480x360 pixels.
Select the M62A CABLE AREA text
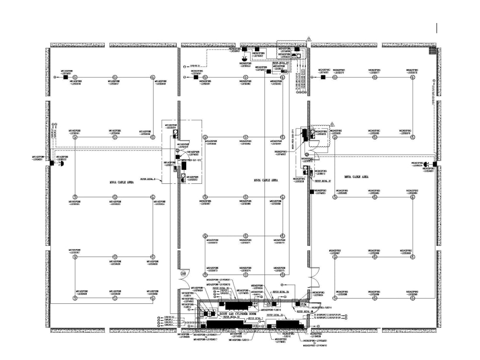[x=265, y=180]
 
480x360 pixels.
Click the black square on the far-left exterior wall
[x=51, y=163]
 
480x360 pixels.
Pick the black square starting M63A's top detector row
[x=324, y=77]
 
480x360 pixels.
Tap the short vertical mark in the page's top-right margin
[x=437, y=28]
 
